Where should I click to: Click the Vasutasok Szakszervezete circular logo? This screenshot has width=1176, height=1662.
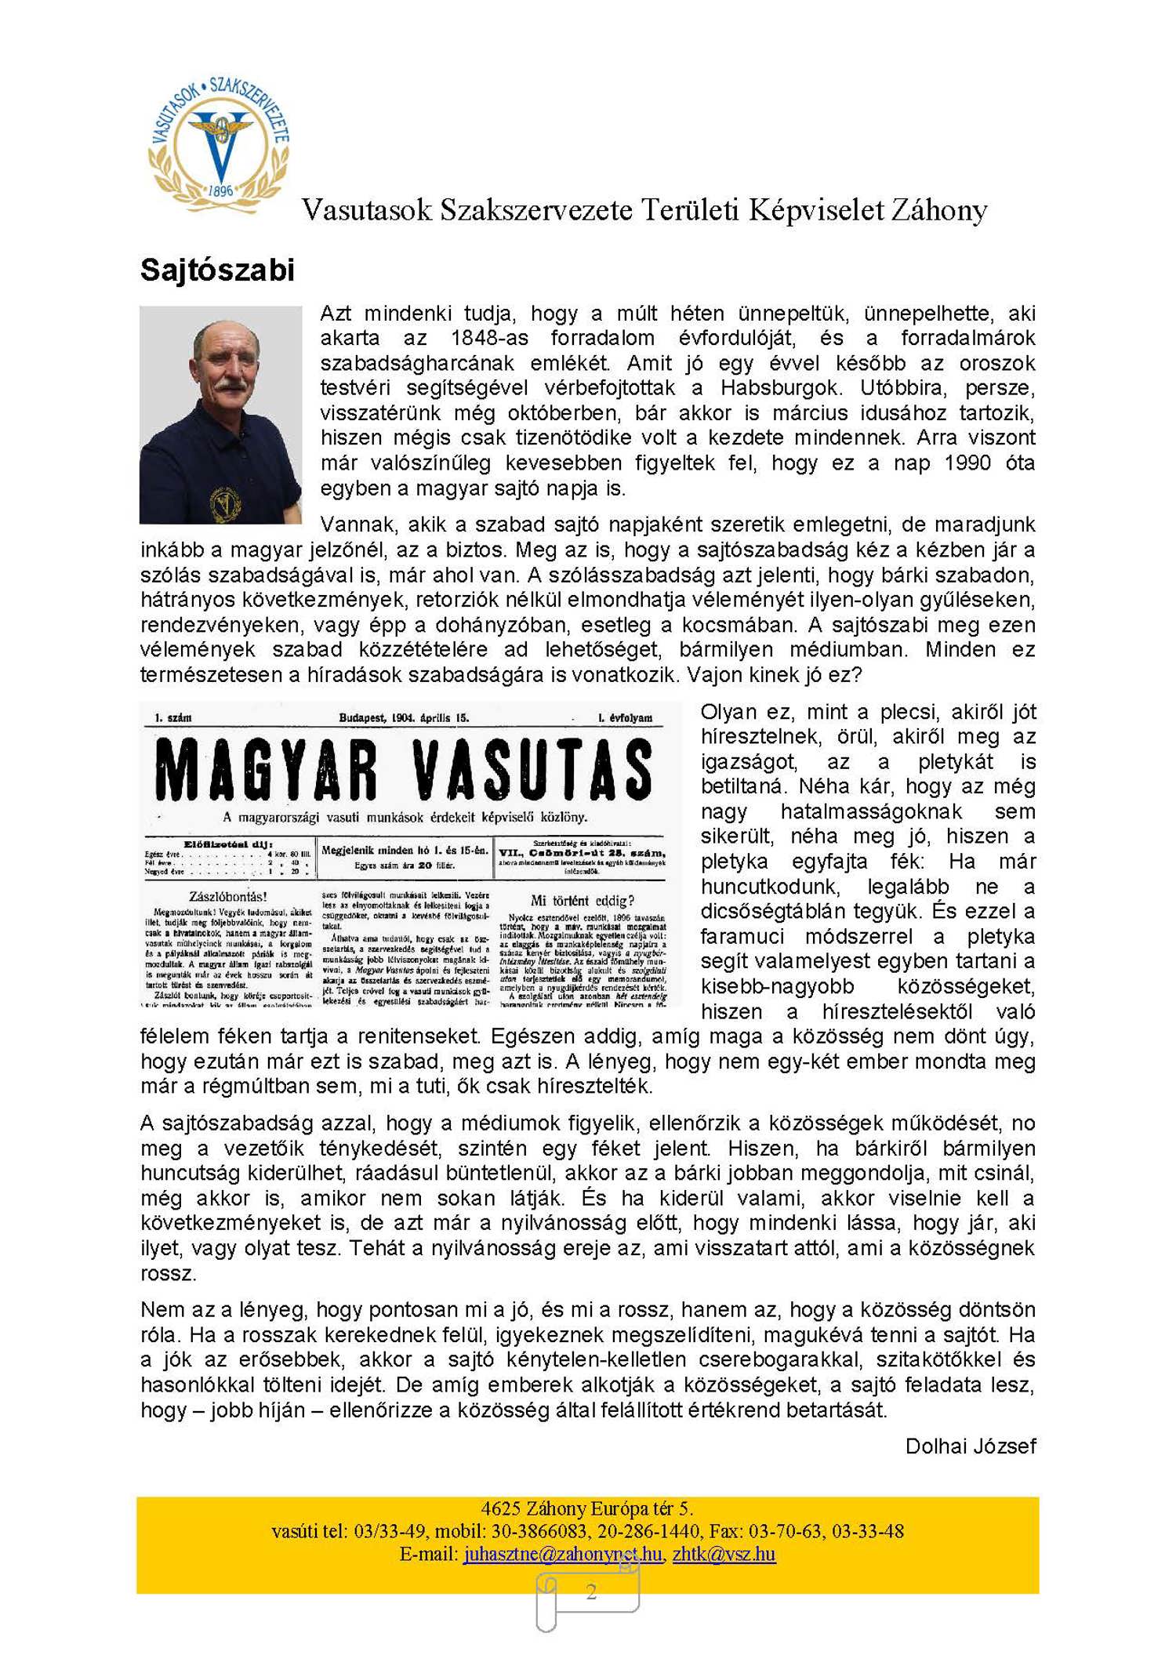click(x=220, y=146)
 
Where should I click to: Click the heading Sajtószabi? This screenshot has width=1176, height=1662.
click(x=217, y=270)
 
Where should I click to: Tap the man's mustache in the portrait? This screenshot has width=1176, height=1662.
click(x=228, y=386)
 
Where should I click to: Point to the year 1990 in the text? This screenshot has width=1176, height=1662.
click(x=967, y=463)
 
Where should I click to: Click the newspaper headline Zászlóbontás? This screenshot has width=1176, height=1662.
click(x=228, y=895)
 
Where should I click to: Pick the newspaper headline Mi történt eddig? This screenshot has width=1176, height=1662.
click(x=582, y=900)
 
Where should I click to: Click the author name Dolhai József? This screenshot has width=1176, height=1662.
click(x=970, y=1446)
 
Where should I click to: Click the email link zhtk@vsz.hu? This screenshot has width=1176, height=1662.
click(x=724, y=1553)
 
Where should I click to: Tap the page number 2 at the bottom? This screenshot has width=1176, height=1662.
click(x=590, y=1591)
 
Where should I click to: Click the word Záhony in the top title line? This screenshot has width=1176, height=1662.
click(x=938, y=210)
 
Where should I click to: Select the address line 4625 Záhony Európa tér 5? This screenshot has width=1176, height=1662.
click(x=586, y=1508)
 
